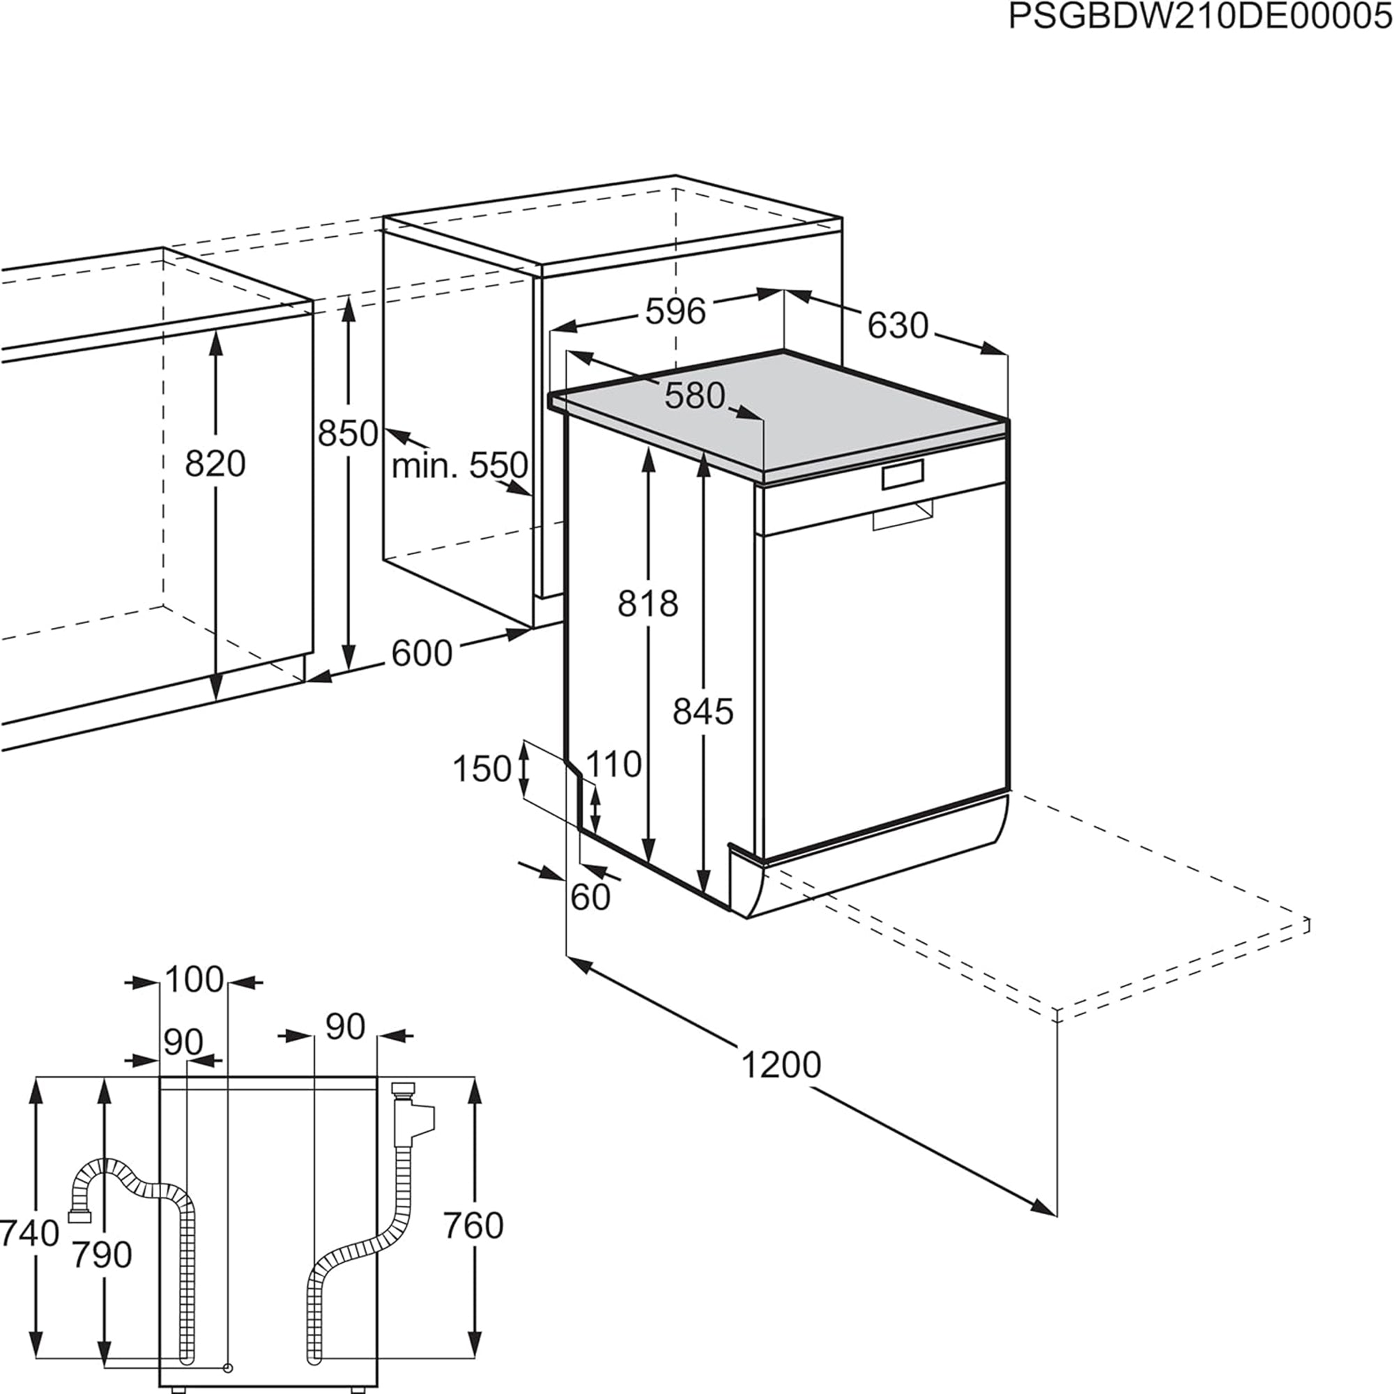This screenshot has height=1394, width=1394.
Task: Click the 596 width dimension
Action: point(675,312)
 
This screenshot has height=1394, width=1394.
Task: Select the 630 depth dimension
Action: point(897,325)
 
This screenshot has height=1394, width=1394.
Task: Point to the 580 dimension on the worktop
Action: point(694,396)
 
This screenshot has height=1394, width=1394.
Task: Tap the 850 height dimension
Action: point(348,434)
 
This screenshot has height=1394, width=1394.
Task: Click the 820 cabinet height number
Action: point(215,464)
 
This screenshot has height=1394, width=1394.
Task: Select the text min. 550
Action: point(459,466)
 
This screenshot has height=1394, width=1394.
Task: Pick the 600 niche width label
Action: point(422,654)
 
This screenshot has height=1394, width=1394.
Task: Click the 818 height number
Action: point(648,604)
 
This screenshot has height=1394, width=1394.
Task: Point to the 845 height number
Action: point(703,712)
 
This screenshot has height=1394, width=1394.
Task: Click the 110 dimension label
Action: point(613,764)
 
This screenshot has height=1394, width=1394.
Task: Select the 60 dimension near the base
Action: point(590,898)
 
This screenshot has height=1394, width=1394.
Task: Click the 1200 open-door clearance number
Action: point(781,1066)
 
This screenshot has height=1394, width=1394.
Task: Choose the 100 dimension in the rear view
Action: point(194,980)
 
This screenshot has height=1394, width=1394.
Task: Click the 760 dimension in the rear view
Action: point(473,1226)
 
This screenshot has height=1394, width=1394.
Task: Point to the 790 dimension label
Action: point(102,1255)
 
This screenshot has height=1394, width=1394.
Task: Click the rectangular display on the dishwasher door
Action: point(902,475)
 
